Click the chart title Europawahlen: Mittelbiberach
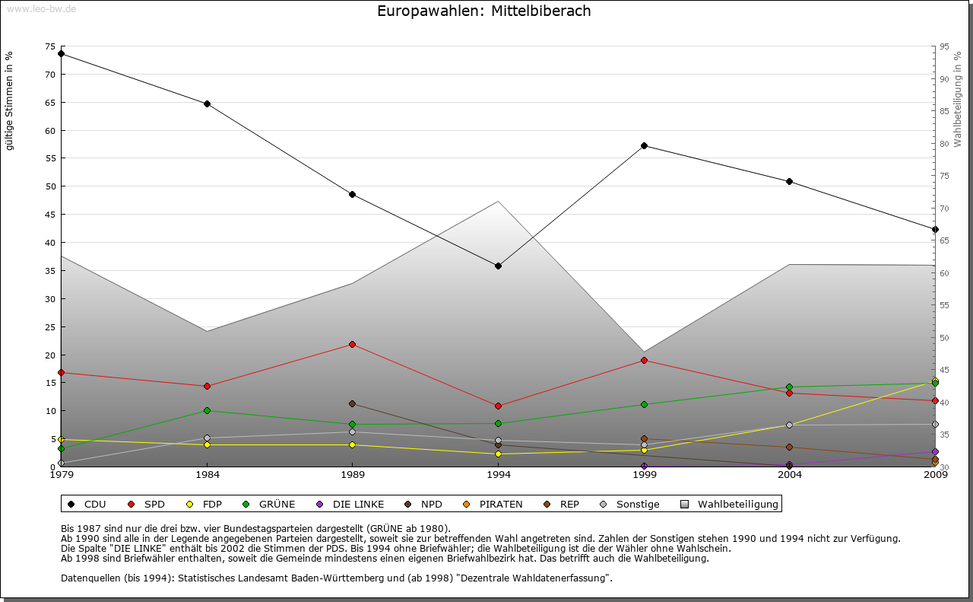coord(484,11)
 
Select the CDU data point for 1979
coord(61,54)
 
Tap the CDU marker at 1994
coord(498,266)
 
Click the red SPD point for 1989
coord(352,344)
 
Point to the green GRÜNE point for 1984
coord(207,411)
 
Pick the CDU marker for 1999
coord(644,145)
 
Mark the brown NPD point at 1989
coord(352,403)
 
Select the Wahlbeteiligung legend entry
coord(729,504)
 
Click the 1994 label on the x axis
coord(499,476)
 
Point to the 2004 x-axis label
coord(790,476)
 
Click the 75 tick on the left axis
coord(50,46)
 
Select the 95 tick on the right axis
coord(944,46)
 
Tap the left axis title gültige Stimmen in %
coord(10,101)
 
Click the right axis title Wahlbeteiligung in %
coord(958,100)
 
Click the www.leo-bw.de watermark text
coord(40,8)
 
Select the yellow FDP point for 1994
coord(498,454)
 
